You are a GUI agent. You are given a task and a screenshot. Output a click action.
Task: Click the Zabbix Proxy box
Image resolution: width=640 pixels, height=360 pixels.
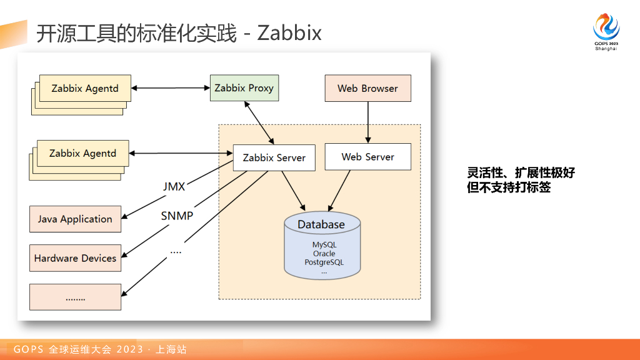pyautogui.click(x=244, y=87)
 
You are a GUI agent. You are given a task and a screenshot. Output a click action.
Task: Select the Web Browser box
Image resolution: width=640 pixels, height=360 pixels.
pyautogui.click(x=367, y=88)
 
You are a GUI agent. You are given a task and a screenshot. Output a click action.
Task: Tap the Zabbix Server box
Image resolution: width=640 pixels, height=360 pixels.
pyautogui.click(x=274, y=157)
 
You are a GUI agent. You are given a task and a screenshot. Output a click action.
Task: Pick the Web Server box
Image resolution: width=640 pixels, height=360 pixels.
pyautogui.click(x=367, y=157)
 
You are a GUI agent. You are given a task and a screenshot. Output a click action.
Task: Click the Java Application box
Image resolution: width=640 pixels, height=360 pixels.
pyautogui.click(x=75, y=219)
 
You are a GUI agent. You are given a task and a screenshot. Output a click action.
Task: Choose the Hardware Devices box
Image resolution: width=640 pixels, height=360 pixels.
pyautogui.click(x=75, y=258)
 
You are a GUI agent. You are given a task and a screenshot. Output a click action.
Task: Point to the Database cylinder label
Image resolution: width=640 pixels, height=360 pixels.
pyautogui.click(x=321, y=224)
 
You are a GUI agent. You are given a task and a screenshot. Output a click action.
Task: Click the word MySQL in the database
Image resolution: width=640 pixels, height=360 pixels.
pyautogui.click(x=324, y=245)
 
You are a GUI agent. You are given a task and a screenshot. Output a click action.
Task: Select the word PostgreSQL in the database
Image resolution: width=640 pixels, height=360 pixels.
pyautogui.click(x=324, y=262)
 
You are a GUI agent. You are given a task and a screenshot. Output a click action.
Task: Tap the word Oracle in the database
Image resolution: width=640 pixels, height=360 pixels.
pyautogui.click(x=324, y=254)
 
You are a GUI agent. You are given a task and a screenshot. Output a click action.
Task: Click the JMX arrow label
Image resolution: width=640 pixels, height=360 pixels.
pyautogui.click(x=174, y=186)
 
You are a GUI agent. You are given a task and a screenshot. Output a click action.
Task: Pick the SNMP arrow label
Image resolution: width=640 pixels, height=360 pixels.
pyautogui.click(x=177, y=216)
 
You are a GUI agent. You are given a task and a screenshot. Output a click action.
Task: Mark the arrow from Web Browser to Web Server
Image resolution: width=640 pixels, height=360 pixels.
pyautogui.click(x=367, y=122)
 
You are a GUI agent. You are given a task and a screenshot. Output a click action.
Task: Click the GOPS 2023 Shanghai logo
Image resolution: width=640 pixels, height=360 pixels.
pyautogui.click(x=606, y=32)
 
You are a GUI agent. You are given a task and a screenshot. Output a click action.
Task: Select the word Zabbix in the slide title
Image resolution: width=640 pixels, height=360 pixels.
pyautogui.click(x=289, y=33)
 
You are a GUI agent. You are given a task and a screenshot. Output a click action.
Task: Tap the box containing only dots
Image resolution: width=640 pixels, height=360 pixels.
pyautogui.click(x=75, y=297)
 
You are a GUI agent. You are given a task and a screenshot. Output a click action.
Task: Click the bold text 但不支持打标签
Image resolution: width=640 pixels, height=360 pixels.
pyautogui.click(x=509, y=187)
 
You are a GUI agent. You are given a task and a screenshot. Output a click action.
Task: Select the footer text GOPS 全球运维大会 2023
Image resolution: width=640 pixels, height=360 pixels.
pyautogui.click(x=78, y=349)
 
